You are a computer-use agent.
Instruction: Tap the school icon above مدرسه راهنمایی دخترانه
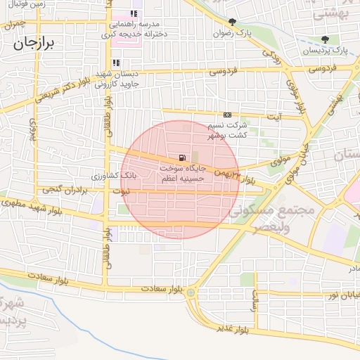click(134, 13)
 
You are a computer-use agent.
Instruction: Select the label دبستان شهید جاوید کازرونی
click(117, 78)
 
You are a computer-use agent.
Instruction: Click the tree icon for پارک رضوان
click(233, 21)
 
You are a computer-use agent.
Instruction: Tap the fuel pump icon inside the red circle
click(183, 157)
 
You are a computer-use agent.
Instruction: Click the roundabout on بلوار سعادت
click(191, 292)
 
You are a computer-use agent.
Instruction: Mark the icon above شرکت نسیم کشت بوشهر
click(227, 115)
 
